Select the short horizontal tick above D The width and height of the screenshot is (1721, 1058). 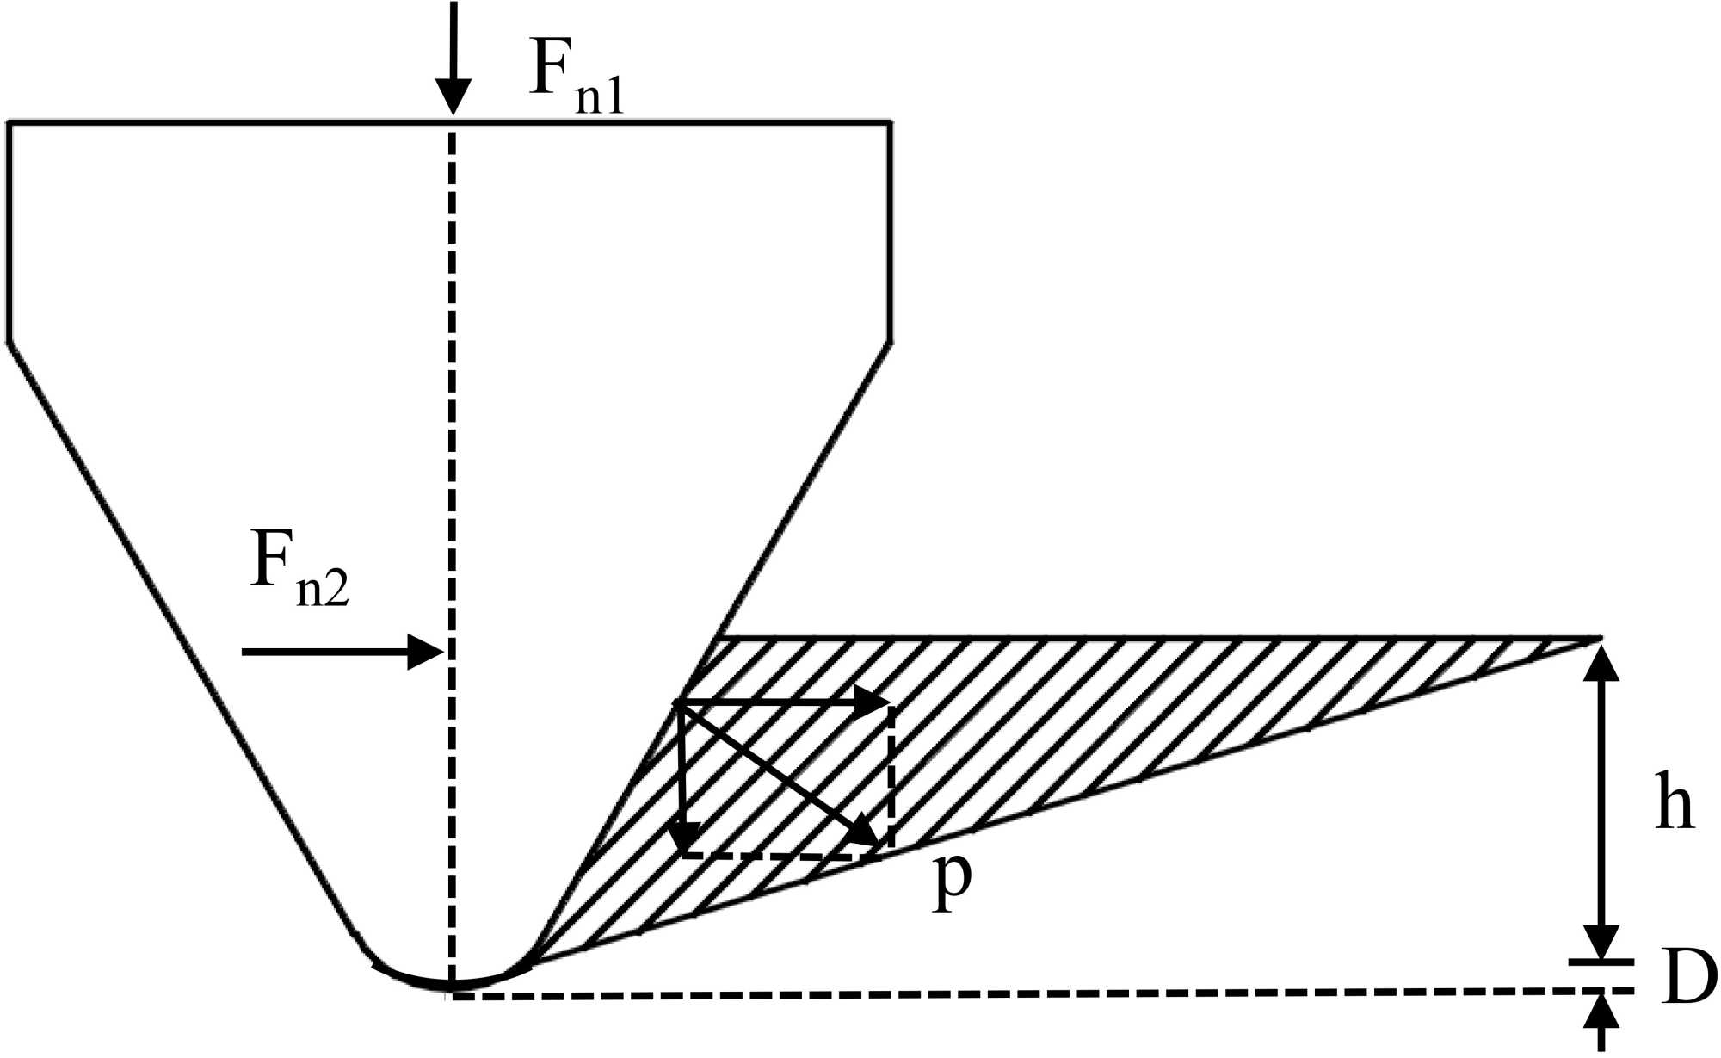coord(1601,961)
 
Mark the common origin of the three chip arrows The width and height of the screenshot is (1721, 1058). coord(680,704)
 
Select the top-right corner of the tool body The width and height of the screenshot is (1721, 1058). coord(889,124)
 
